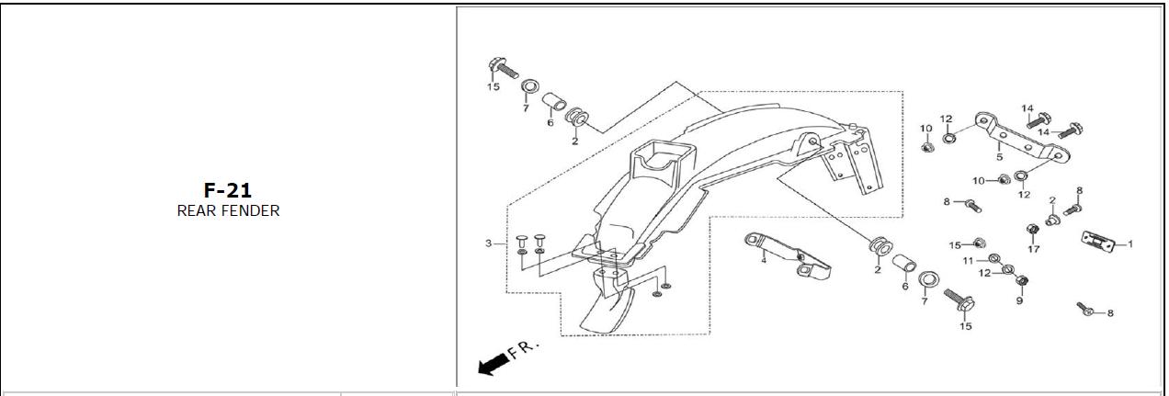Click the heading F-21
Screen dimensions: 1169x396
[228, 190]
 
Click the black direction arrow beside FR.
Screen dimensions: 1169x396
[494, 364]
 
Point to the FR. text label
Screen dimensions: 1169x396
[524, 348]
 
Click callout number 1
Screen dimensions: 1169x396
[1130, 243]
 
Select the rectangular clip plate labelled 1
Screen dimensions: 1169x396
[1097, 242]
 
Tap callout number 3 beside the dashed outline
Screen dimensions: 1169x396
[489, 243]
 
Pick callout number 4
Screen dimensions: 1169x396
[764, 260]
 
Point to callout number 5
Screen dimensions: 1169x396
[999, 157]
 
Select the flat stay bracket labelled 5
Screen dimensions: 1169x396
[1023, 137]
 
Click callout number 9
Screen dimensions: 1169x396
[1019, 300]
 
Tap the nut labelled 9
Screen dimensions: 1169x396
[1022, 281]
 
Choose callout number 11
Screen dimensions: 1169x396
[968, 260]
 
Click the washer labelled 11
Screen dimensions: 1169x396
[994, 258]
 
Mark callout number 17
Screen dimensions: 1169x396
[1033, 249]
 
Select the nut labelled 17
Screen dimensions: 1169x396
[1032, 230]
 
